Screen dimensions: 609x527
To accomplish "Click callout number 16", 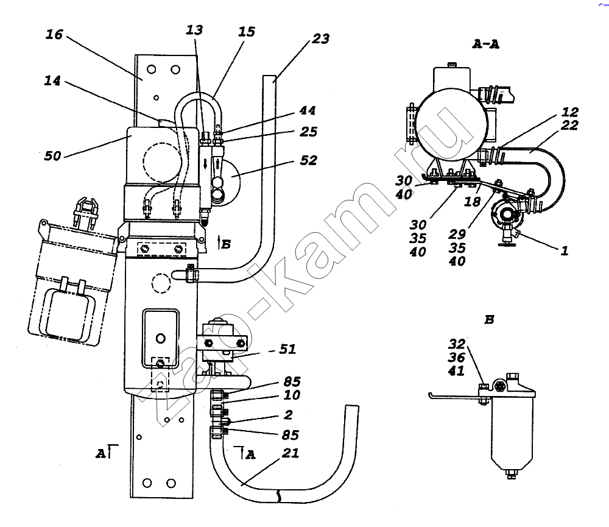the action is click(54, 35).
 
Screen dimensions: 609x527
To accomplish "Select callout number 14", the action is click(52, 81).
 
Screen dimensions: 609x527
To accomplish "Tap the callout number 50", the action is click(52, 156).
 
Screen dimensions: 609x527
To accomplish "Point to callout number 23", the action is click(321, 38).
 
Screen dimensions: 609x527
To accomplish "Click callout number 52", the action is click(308, 160).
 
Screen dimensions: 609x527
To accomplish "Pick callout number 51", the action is click(288, 349).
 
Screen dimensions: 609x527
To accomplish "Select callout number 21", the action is click(290, 453).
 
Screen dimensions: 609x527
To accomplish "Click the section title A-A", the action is click(486, 44).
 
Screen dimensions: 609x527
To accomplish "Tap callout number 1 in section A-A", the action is click(565, 250).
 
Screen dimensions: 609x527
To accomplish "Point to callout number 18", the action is click(473, 201).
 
